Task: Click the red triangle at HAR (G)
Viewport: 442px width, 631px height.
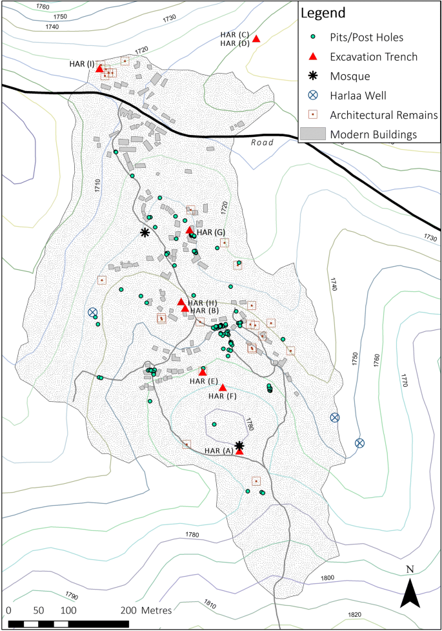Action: click(190, 230)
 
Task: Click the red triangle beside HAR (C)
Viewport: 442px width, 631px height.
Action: click(256, 39)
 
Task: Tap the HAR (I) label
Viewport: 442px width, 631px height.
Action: click(82, 65)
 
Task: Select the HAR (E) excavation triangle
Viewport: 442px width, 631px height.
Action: click(203, 372)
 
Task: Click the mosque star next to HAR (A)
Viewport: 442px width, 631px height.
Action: click(239, 445)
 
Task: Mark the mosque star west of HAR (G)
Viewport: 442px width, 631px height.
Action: click(145, 233)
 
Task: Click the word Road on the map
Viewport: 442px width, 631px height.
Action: click(263, 142)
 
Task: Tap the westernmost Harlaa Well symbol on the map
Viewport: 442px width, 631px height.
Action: click(93, 313)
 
